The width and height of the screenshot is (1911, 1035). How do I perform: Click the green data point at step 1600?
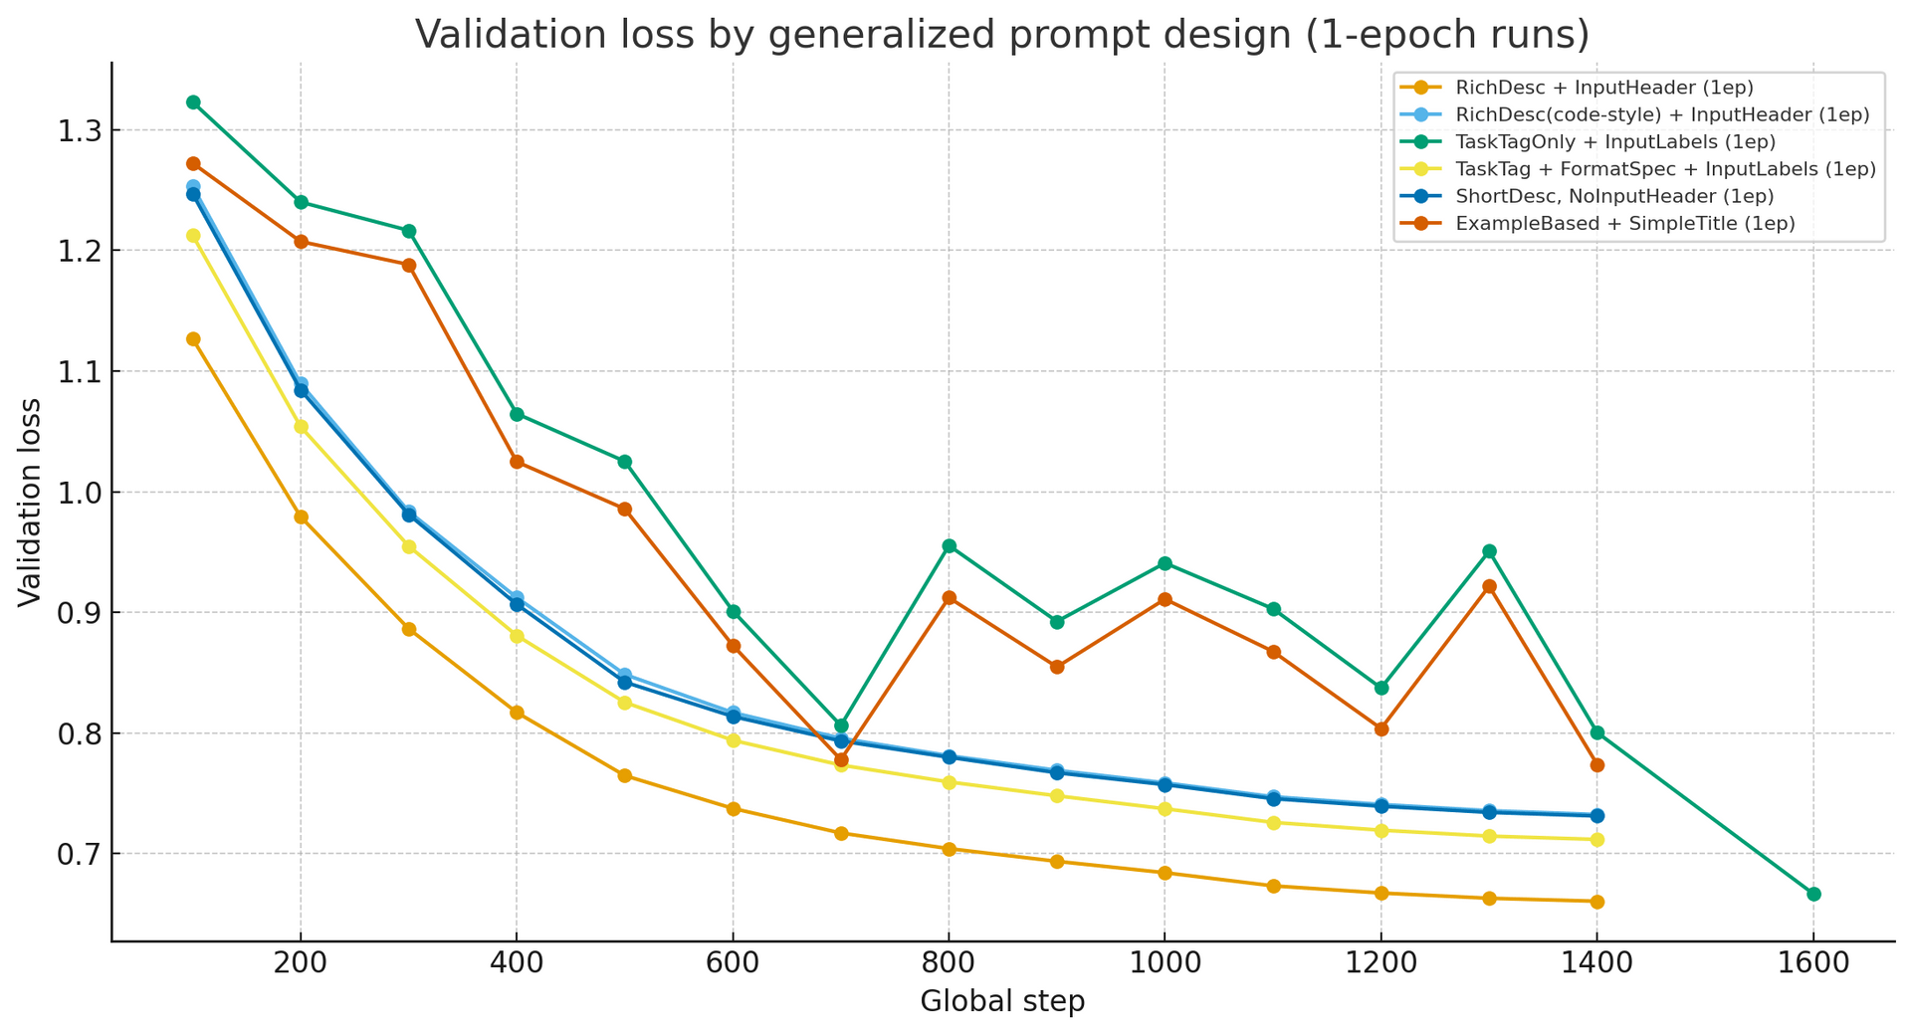[x=1812, y=894]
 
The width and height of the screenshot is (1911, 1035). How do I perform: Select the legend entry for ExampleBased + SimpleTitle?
[x=1624, y=224]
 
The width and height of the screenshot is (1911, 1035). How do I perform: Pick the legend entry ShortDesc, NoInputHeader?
[x=1614, y=197]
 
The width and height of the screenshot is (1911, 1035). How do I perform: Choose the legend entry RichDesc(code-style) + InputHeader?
[x=1662, y=115]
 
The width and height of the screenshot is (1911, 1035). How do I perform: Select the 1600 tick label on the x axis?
[x=1812, y=963]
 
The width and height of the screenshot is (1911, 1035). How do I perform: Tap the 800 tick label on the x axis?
[x=949, y=963]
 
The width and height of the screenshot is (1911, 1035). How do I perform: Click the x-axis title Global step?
[x=1001, y=1001]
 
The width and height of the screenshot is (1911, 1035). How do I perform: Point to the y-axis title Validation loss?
[x=30, y=502]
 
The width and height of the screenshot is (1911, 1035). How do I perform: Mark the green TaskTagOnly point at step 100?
[x=193, y=103]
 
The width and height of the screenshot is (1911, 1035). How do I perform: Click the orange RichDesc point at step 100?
[x=193, y=339]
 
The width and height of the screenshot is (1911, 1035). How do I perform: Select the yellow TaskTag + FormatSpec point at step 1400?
[x=1596, y=840]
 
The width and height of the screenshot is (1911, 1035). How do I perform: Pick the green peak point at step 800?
[x=949, y=546]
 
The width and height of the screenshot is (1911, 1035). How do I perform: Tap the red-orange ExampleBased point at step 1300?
[x=1489, y=587]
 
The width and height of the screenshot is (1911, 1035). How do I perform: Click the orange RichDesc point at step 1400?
[x=1596, y=902]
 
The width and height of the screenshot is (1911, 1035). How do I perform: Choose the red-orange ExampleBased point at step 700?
[x=841, y=759]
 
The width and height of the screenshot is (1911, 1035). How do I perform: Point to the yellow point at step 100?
[x=193, y=236]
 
